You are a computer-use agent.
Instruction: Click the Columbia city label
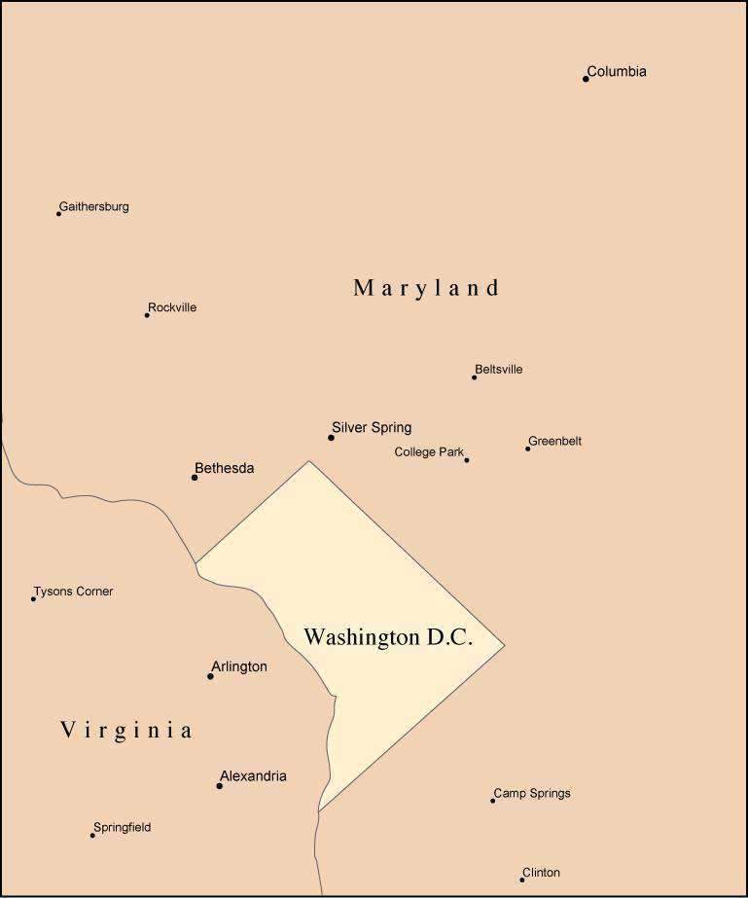[617, 72]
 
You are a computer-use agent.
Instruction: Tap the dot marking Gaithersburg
[58, 213]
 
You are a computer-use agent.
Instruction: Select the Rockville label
[172, 307]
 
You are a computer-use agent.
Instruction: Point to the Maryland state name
[426, 288]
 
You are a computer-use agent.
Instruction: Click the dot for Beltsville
[475, 377]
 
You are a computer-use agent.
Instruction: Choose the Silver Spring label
[372, 427]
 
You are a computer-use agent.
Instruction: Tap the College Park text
[429, 452]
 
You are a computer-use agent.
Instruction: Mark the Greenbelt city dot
[528, 449]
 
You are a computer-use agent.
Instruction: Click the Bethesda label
[225, 469]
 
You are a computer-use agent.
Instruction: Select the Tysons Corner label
[74, 592]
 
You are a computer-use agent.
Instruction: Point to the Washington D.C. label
[388, 638]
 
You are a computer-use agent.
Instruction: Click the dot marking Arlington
[210, 676]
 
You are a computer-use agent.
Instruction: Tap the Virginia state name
[126, 731]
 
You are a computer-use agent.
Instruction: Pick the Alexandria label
[253, 776]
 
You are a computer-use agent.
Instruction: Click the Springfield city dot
[93, 835]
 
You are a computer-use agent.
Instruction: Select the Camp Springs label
[532, 794]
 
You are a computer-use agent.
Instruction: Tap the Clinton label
[541, 873]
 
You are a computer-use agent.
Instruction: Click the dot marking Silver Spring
[331, 438]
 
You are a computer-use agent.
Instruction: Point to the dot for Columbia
[586, 79]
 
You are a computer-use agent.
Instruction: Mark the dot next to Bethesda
[195, 477]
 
